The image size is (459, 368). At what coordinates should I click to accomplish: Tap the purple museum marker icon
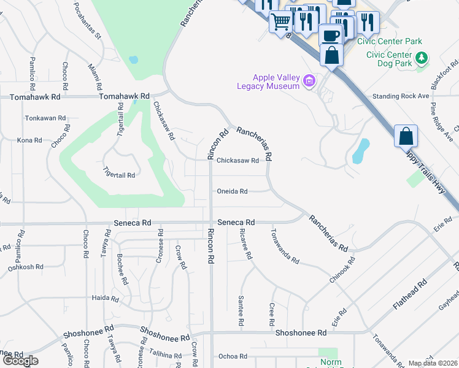309,81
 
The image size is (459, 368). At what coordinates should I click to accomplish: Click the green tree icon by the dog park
422,58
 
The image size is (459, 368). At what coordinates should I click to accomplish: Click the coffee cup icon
330,35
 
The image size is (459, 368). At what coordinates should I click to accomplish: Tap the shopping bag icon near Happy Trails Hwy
406,136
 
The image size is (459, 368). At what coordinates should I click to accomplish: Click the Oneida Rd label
232,191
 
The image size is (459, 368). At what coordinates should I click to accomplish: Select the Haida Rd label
105,298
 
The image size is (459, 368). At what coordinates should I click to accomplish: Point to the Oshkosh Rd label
25,267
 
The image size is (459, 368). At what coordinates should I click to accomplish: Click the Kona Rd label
29,140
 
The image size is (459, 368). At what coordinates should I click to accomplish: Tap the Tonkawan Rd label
45,118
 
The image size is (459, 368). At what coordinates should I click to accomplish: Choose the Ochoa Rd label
233,356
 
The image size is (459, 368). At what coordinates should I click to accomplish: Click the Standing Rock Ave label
401,96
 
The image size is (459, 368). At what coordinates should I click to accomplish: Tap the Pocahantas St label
87,21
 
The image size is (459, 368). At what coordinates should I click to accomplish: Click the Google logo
20,361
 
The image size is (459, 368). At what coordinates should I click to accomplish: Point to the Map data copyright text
433,363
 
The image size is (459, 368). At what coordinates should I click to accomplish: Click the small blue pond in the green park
133,60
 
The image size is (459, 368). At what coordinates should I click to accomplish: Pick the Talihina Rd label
166,356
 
